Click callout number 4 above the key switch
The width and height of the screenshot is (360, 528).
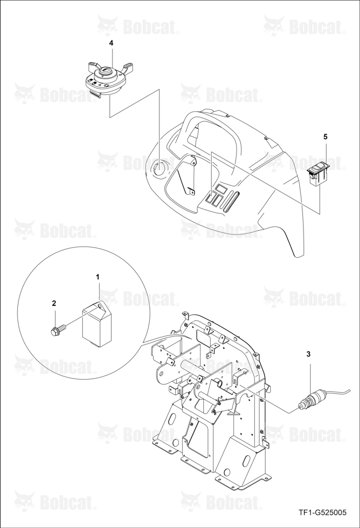(111, 43)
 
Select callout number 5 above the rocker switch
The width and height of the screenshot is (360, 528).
(325, 137)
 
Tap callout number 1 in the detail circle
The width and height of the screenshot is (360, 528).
(98, 277)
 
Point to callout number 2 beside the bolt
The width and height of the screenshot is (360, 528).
(54, 303)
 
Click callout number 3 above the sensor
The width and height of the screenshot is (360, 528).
(308, 354)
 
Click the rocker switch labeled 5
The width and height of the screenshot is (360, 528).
(318, 173)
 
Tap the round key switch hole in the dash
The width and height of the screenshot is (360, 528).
(158, 167)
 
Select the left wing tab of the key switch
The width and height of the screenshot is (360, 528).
(93, 65)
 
